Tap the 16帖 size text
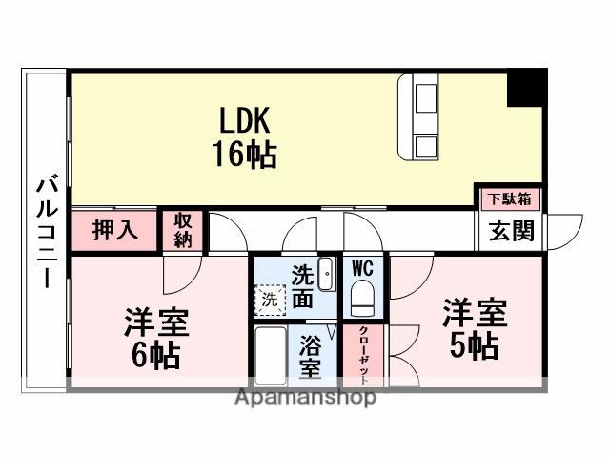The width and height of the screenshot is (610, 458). point(245,153)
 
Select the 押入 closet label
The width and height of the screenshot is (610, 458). point(115,230)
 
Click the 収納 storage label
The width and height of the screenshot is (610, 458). point(183,230)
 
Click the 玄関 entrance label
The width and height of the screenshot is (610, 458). point(512,230)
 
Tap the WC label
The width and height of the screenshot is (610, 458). point(362,268)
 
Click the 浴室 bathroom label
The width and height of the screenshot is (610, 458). point(310,356)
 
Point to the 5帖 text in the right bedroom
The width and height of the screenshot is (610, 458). point(474,344)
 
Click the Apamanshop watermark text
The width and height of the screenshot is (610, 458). point(305,397)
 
